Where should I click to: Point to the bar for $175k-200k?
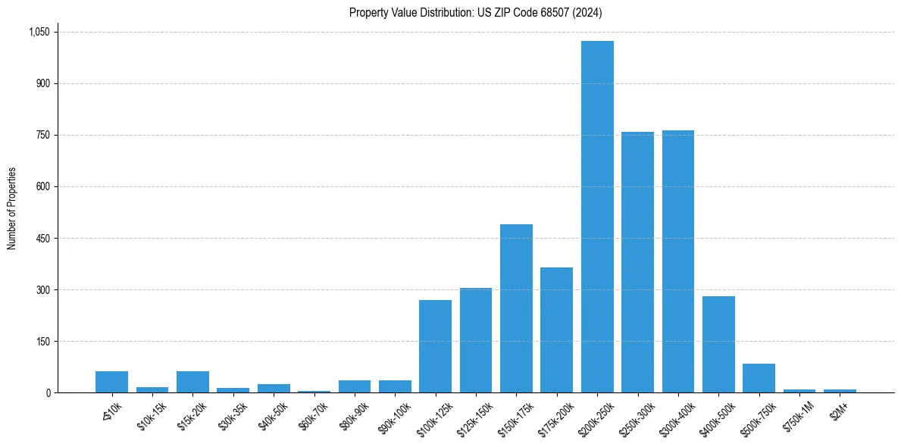(x=556, y=330)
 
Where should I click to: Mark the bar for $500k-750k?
(x=759, y=378)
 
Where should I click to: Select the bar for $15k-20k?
(x=192, y=382)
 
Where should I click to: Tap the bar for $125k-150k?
(x=476, y=340)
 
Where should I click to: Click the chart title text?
(x=476, y=12)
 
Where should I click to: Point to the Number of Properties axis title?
(x=12, y=208)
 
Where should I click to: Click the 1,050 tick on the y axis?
(x=39, y=32)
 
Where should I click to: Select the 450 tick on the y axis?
(x=42, y=238)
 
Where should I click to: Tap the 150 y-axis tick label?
(x=42, y=341)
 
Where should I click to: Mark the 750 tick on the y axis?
(x=42, y=135)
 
